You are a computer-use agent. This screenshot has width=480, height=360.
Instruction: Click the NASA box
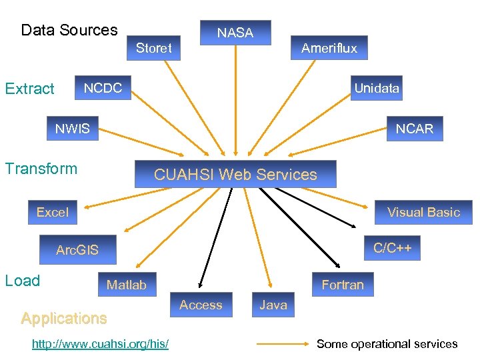coord(235,33)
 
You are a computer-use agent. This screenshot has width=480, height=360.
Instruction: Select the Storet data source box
coord(154,48)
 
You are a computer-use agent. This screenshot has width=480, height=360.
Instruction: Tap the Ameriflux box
coord(329,48)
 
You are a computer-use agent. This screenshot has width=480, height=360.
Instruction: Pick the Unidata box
coord(377,88)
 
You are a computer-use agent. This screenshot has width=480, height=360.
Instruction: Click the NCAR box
coord(414,129)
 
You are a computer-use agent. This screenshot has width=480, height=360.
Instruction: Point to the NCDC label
coord(103,88)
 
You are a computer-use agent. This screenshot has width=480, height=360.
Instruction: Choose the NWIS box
coord(72,129)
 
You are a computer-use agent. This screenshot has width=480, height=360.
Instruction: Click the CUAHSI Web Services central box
coord(235,175)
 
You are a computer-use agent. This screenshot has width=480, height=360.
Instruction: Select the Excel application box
coord(53,212)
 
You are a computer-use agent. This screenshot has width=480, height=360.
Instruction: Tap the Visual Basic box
coord(424,212)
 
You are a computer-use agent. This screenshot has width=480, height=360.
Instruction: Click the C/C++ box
coord(393,249)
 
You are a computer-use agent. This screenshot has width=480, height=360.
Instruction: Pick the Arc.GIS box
coord(77,250)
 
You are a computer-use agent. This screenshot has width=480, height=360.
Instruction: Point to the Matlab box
coord(127,285)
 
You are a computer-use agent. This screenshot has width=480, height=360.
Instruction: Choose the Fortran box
coord(343,285)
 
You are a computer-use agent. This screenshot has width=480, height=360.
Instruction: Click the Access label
coord(201,305)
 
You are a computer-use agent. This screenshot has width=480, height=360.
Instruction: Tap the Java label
coord(273,305)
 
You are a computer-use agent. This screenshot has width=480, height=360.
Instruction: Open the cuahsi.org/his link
coord(100,343)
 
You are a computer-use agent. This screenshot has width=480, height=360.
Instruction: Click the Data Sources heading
coord(69,30)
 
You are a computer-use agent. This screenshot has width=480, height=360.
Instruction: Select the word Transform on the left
coord(41,169)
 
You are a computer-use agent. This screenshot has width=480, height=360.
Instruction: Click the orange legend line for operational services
coord(283,344)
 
